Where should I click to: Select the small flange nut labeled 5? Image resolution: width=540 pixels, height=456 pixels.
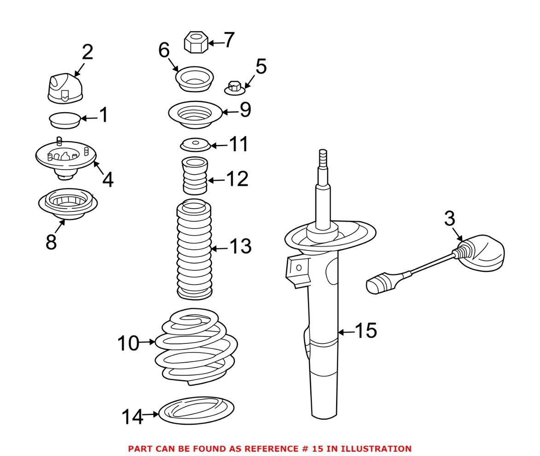coord(234,87)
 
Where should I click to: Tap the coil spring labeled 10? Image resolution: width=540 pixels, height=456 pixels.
coord(196,347)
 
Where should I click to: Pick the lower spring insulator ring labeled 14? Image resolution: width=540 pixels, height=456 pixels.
coord(196,410)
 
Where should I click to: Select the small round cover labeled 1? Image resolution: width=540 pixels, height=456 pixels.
coord(64,120)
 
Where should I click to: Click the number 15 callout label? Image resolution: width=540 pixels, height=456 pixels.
coord(366,331)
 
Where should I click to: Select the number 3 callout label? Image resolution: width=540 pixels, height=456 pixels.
coord(449,219)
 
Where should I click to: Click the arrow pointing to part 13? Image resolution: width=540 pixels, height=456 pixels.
coord(222,249)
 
